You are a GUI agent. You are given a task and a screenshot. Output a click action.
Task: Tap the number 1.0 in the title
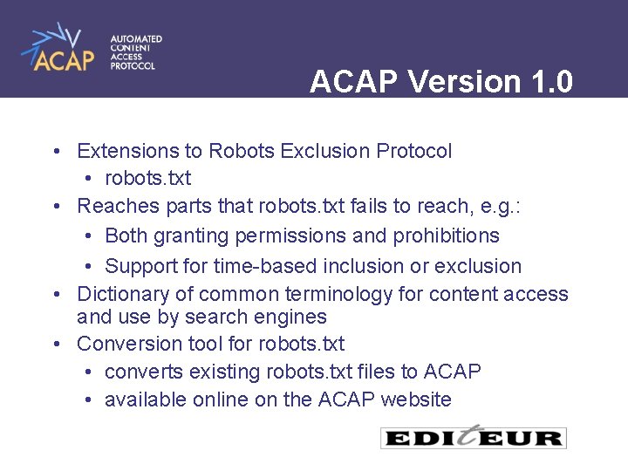tap(551, 82)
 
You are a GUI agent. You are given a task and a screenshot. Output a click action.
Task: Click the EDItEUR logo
tap(474, 437)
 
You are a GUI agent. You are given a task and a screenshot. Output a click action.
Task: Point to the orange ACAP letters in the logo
tap(64, 59)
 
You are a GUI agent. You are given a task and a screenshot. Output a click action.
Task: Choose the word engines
tap(293, 317)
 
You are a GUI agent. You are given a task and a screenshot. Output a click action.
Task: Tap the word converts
tap(140, 372)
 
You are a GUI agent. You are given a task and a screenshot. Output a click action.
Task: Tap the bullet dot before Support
tap(90, 266)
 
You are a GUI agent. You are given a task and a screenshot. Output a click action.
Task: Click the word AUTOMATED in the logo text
tap(135, 39)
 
